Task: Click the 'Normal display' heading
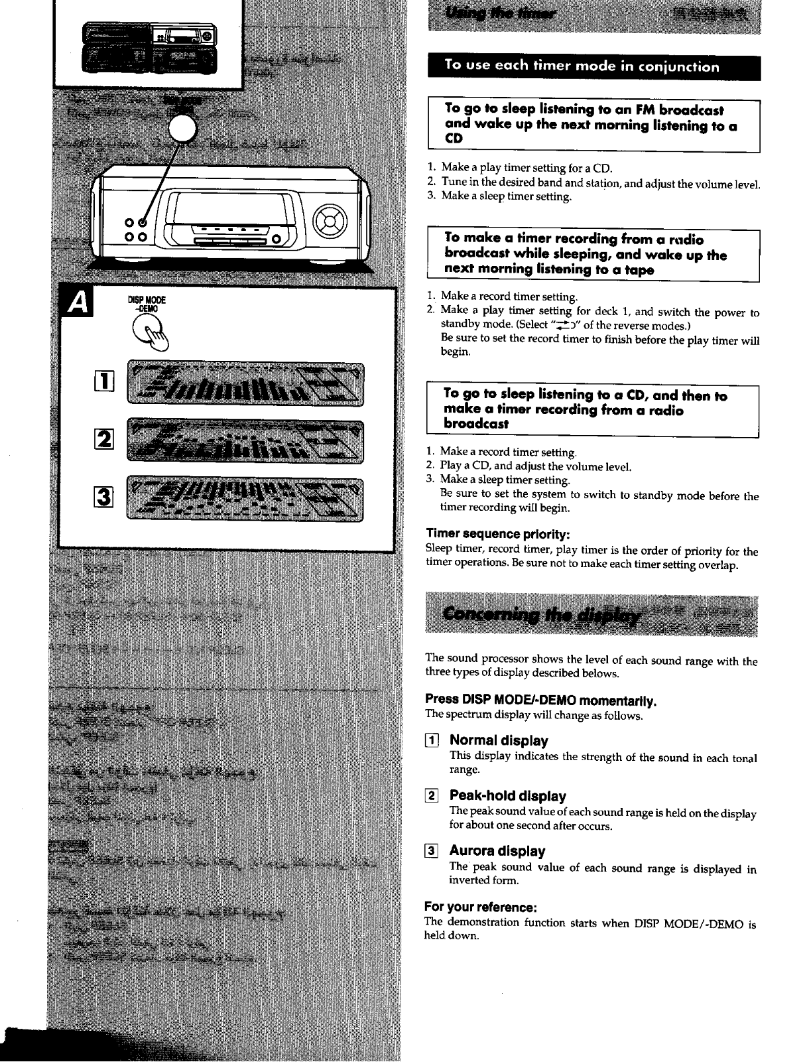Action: pos(499,740)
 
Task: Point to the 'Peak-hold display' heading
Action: pos(507,795)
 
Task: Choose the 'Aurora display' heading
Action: pos(497,851)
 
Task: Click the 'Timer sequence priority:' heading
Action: pos(497,534)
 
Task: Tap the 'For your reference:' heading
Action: pos(480,907)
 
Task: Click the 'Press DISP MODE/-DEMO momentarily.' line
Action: pos(540,700)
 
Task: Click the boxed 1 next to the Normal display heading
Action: pos(431,740)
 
